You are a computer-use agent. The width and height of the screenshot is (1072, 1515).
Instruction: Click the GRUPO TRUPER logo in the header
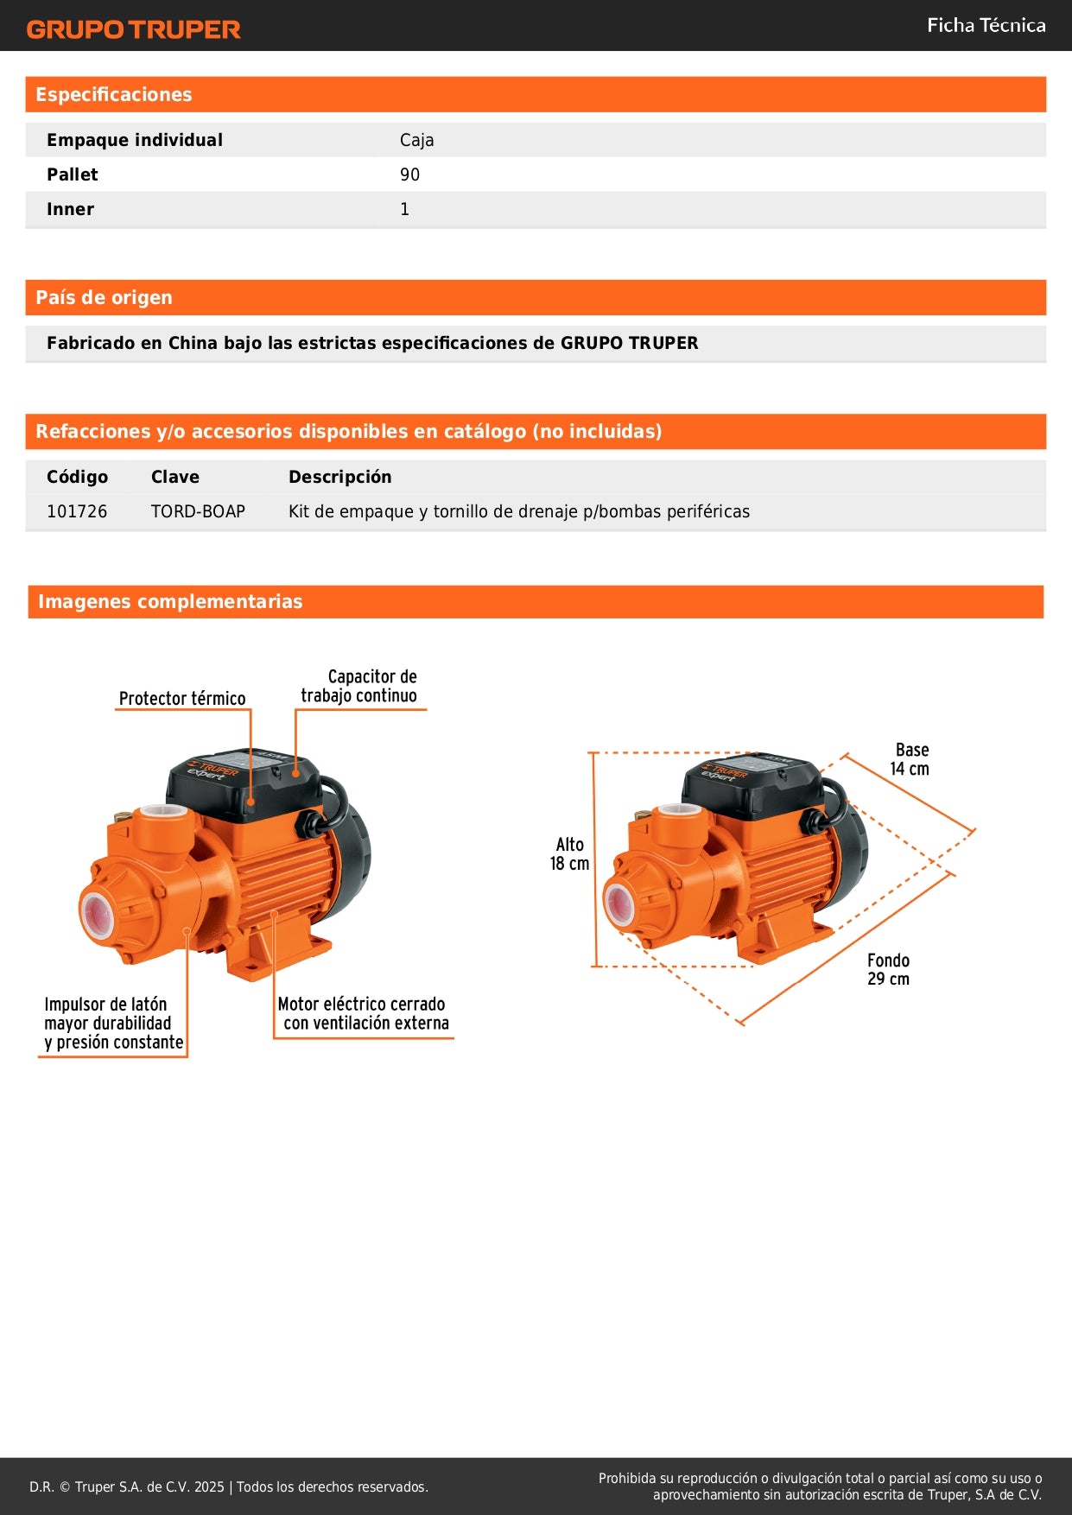[133, 29]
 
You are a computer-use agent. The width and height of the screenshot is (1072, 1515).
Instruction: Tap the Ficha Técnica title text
[986, 25]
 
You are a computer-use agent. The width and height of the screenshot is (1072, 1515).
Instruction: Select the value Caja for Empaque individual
[416, 140]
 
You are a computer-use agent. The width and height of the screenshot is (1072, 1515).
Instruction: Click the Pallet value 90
[409, 174]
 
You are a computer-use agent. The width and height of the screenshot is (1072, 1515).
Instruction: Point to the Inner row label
[70, 209]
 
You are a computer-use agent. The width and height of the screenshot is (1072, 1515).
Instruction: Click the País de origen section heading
[104, 298]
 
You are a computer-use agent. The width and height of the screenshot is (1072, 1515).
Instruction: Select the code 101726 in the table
[77, 511]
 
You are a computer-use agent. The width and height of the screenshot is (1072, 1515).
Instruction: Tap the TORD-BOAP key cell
[198, 511]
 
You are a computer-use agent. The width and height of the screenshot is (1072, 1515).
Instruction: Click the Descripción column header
[339, 477]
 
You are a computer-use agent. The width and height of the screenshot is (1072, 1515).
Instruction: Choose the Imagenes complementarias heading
[170, 602]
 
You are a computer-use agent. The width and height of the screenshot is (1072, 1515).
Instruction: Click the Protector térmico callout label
[182, 698]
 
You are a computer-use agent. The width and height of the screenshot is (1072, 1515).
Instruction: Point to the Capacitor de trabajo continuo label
[359, 686]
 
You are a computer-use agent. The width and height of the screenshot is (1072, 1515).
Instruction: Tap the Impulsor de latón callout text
[113, 1023]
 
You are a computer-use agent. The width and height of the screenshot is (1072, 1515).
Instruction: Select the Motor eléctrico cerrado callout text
[364, 1013]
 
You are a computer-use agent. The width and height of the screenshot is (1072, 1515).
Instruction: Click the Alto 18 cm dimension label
[569, 853]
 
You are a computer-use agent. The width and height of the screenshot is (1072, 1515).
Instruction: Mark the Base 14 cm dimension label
[910, 759]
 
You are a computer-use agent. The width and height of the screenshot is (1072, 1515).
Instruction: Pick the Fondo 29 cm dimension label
[888, 969]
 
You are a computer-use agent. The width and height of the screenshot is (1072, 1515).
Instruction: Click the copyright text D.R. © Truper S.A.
[228, 1486]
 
